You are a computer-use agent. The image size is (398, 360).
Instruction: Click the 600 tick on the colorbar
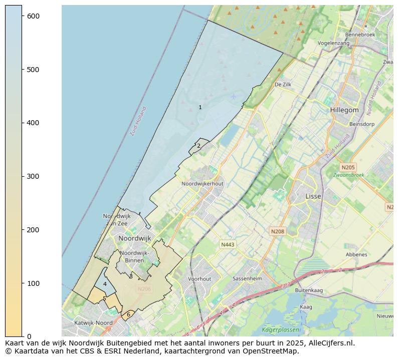tap(23, 16)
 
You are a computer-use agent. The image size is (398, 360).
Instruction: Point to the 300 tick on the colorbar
tap(23, 176)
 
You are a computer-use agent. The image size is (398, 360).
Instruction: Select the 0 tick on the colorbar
tap(23, 336)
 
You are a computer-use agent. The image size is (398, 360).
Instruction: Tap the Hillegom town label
tap(344, 110)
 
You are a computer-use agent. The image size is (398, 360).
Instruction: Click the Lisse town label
tap(313, 196)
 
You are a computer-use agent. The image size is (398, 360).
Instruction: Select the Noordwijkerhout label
tap(203, 184)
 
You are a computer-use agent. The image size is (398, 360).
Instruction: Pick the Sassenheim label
tap(247, 278)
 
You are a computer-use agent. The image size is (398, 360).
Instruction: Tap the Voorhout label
tap(200, 279)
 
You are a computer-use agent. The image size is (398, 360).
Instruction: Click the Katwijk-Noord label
tap(93, 323)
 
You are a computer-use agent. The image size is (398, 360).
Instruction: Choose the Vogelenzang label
tap(333, 44)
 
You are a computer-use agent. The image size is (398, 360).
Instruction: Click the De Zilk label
tap(283, 85)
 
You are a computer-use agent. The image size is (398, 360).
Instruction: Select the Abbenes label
tap(356, 254)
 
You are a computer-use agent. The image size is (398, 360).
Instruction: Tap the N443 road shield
tap(228, 244)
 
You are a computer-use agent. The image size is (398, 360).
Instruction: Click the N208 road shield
tap(277, 231)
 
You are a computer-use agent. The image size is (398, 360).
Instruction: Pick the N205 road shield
tap(347, 167)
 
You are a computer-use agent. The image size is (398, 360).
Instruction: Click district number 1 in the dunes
tap(200, 107)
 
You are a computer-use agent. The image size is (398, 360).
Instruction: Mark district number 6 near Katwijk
tap(128, 314)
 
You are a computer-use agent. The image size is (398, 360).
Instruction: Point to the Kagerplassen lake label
tap(281, 330)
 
